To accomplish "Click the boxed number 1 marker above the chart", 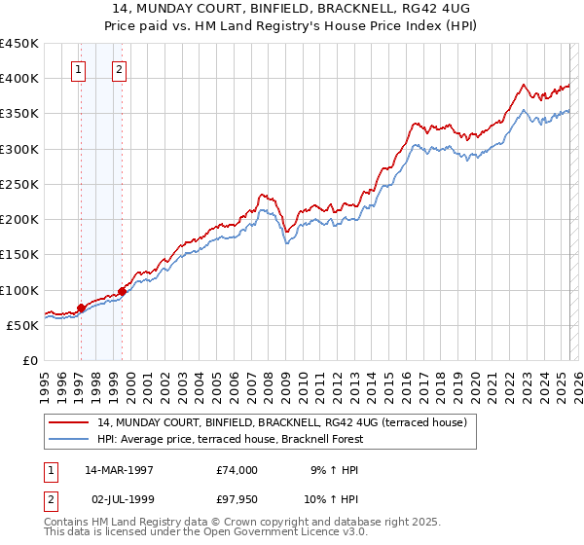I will coord(78,70).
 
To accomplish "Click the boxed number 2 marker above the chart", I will coord(119,70).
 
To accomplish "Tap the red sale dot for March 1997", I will coord(81,308).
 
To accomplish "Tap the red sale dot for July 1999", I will coord(122,290).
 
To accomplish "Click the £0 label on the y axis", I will coord(29,360).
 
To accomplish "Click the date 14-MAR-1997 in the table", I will coord(119,470).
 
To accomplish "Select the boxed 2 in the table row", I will coord(49,499).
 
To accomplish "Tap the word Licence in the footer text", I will coord(314,533).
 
